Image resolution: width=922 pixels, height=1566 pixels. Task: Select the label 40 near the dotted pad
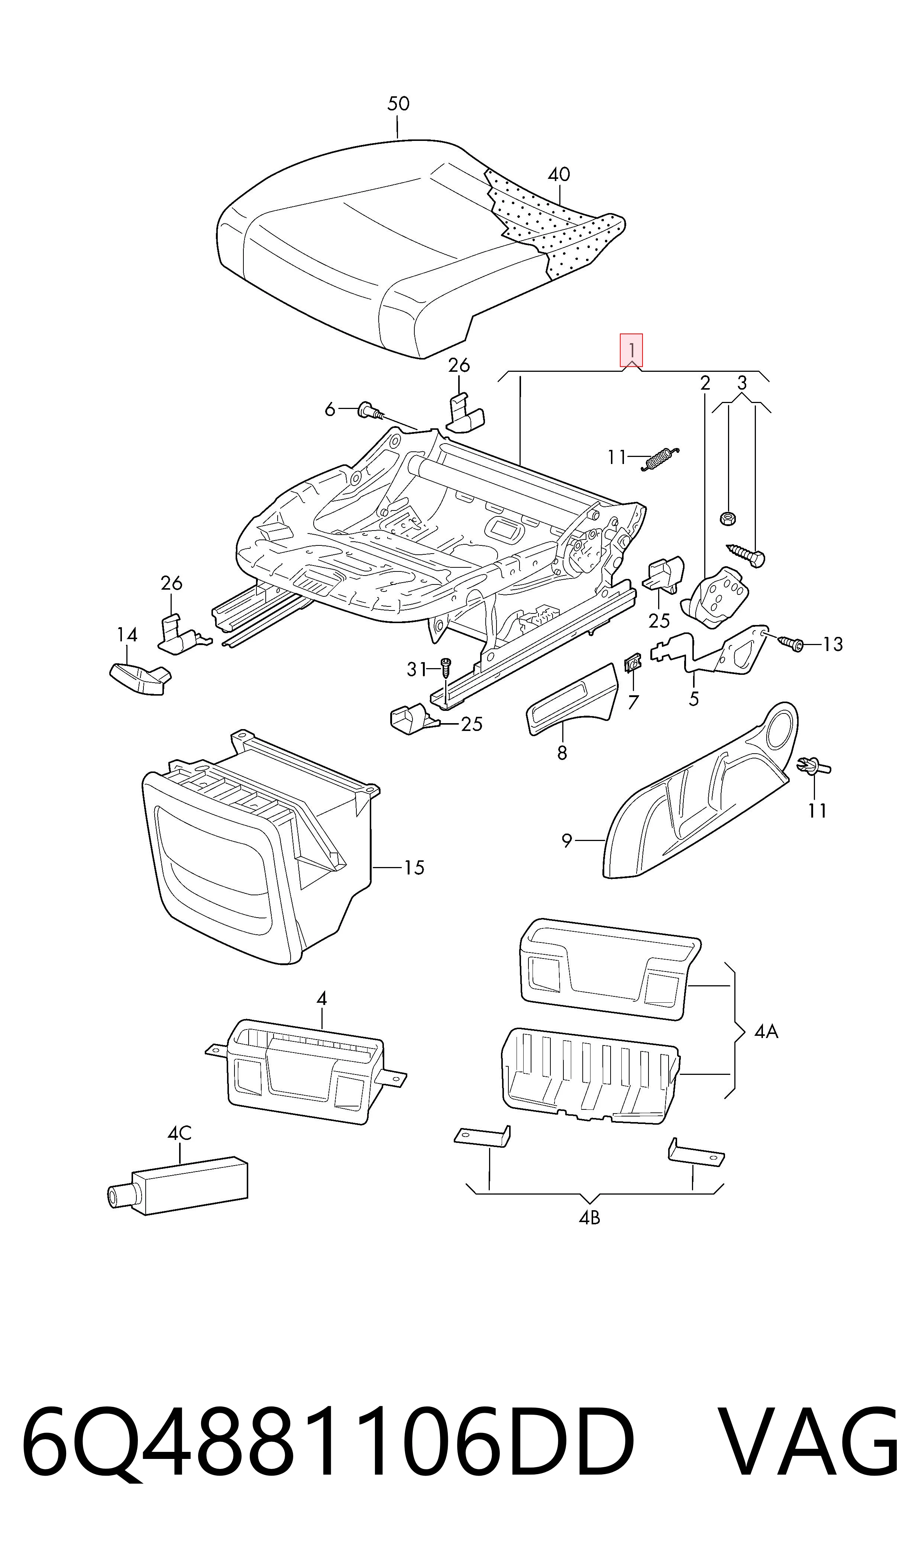(559, 175)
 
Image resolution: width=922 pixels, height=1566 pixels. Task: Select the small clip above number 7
(632, 664)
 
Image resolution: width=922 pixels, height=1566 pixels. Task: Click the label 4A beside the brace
(766, 1032)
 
